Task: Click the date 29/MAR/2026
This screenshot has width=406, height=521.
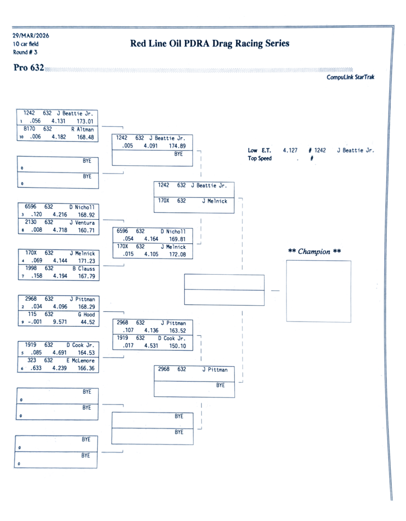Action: tap(31, 36)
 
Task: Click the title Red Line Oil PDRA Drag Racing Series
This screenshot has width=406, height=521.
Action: tap(210, 44)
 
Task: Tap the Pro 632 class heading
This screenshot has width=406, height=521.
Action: tap(29, 68)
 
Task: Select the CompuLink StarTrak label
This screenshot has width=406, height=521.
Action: tap(350, 77)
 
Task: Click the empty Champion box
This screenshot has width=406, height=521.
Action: tap(318, 291)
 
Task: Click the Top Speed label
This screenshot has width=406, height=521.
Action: tap(260, 158)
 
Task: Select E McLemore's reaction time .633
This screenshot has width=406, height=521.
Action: tap(36, 368)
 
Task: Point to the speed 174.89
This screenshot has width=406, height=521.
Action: tap(177, 146)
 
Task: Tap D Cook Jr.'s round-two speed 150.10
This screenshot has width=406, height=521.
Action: tap(177, 345)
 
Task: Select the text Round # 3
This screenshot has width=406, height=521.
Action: tap(25, 52)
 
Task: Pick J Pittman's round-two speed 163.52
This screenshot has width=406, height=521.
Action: tap(177, 330)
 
